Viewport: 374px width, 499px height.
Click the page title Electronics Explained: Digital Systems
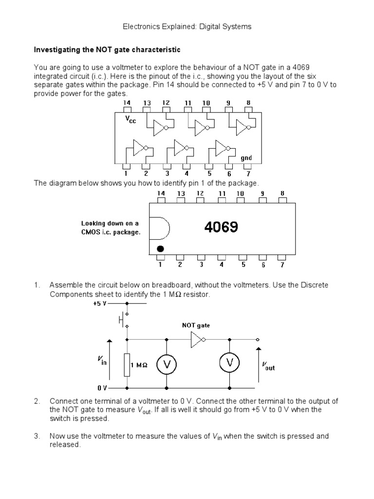[187, 27]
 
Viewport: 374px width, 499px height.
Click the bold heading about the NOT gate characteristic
[107, 50]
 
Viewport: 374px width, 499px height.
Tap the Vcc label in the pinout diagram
[131, 120]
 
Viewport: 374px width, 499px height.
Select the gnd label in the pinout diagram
[246, 158]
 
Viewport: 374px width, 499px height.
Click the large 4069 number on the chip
[221, 228]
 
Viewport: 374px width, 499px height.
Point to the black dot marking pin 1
[161, 249]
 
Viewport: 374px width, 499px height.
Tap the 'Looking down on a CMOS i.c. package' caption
[111, 228]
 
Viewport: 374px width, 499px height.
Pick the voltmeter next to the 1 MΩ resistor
[166, 365]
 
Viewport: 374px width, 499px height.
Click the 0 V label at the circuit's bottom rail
[102, 388]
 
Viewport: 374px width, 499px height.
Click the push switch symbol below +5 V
[123, 320]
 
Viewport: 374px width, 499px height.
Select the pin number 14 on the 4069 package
[161, 193]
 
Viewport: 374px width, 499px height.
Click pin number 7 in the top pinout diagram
[248, 173]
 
